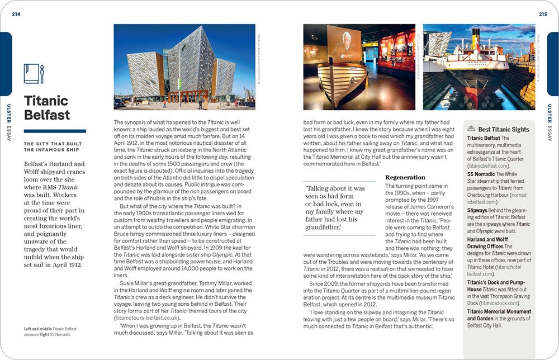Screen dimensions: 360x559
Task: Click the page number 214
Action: coord(16,15)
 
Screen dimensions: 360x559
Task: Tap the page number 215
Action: coord(543,15)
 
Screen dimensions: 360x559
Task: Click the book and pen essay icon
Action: coord(34,73)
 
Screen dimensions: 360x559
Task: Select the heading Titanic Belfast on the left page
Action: coord(46,108)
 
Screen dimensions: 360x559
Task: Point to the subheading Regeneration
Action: coord(405,177)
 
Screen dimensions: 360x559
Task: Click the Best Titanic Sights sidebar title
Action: coord(504,129)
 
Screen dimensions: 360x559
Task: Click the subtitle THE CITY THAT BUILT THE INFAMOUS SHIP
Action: coord(53,147)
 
